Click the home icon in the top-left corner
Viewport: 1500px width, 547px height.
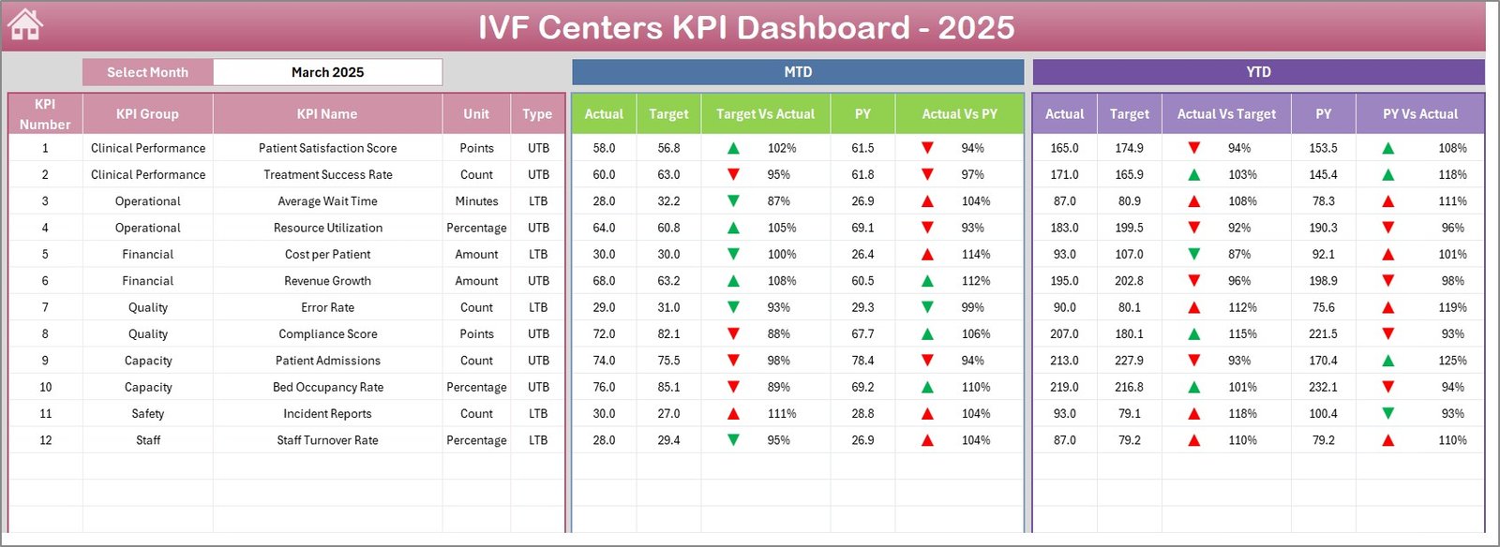pos(25,25)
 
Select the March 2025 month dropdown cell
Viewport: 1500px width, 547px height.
pos(327,72)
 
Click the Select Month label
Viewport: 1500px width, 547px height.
pos(147,72)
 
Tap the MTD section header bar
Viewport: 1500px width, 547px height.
pos(798,72)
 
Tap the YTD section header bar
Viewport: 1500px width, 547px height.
pos(1258,72)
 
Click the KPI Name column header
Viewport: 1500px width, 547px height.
pos(327,114)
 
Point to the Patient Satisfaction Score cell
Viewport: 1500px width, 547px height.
pos(327,148)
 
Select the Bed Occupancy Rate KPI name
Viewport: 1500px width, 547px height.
pos(327,387)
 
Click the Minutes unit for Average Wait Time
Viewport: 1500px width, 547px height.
pos(476,201)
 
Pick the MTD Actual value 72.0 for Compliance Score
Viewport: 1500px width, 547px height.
pos(604,334)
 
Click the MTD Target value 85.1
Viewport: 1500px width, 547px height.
pos(668,387)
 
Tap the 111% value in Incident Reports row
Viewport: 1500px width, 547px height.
pos(781,414)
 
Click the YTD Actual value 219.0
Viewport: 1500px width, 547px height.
pos(1064,387)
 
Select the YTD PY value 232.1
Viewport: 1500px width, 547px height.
pos(1323,387)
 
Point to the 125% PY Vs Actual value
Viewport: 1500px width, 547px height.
pos(1452,361)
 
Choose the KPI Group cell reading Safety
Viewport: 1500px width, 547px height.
pos(147,414)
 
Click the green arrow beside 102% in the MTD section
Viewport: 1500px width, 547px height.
pos(733,148)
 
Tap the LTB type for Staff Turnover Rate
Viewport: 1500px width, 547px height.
pos(538,440)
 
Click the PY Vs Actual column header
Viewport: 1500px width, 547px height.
pos(1419,114)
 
